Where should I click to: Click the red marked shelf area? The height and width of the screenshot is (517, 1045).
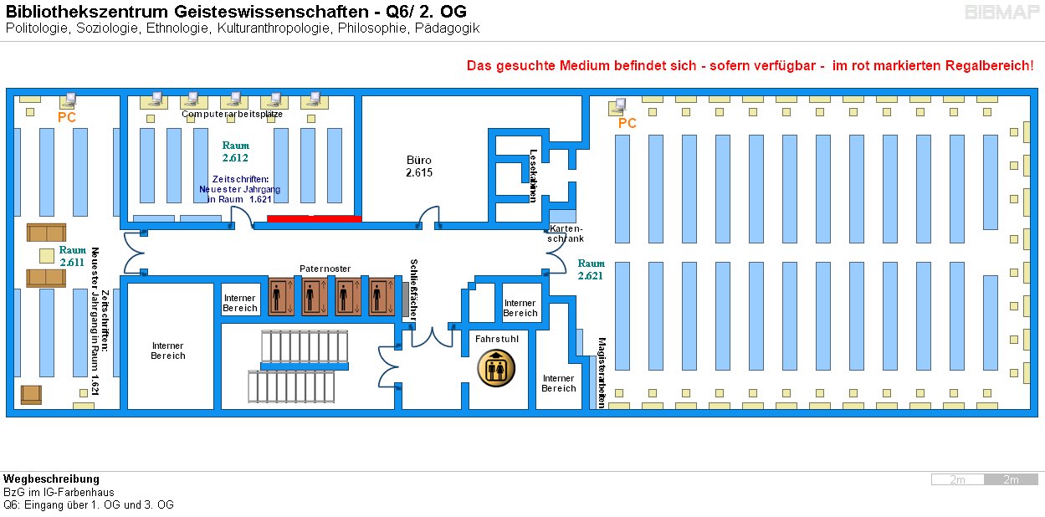pos(314,218)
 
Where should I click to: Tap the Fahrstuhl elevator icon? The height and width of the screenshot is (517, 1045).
pos(496,368)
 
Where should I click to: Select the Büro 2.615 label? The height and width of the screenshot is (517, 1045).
pos(419,166)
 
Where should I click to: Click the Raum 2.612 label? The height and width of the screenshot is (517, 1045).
pos(235,151)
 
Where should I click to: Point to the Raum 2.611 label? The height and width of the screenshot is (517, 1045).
pos(72,256)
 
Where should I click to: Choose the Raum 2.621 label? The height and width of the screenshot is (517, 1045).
pos(591,269)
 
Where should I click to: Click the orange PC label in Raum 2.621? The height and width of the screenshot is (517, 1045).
pos(627,124)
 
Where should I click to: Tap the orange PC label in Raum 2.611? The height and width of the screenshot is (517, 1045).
pos(67,118)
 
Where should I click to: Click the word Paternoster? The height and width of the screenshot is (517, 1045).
pos(325,269)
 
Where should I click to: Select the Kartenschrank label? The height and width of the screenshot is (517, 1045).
pos(566,233)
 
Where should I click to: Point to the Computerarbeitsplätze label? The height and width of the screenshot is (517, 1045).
pos(232,114)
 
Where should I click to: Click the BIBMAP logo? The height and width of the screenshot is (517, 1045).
pos(1001,13)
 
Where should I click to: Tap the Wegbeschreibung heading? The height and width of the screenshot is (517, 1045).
pos(51,479)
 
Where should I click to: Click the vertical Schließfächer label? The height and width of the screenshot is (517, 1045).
pos(413,289)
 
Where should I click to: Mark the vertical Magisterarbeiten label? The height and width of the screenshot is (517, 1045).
pos(602,372)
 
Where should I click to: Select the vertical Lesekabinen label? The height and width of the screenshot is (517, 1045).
pos(533,176)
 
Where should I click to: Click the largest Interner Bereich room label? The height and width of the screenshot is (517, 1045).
pos(167,351)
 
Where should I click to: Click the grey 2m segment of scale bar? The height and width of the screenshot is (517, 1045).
pos(1011,479)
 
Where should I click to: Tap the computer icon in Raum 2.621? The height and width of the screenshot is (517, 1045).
pos(619,106)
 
